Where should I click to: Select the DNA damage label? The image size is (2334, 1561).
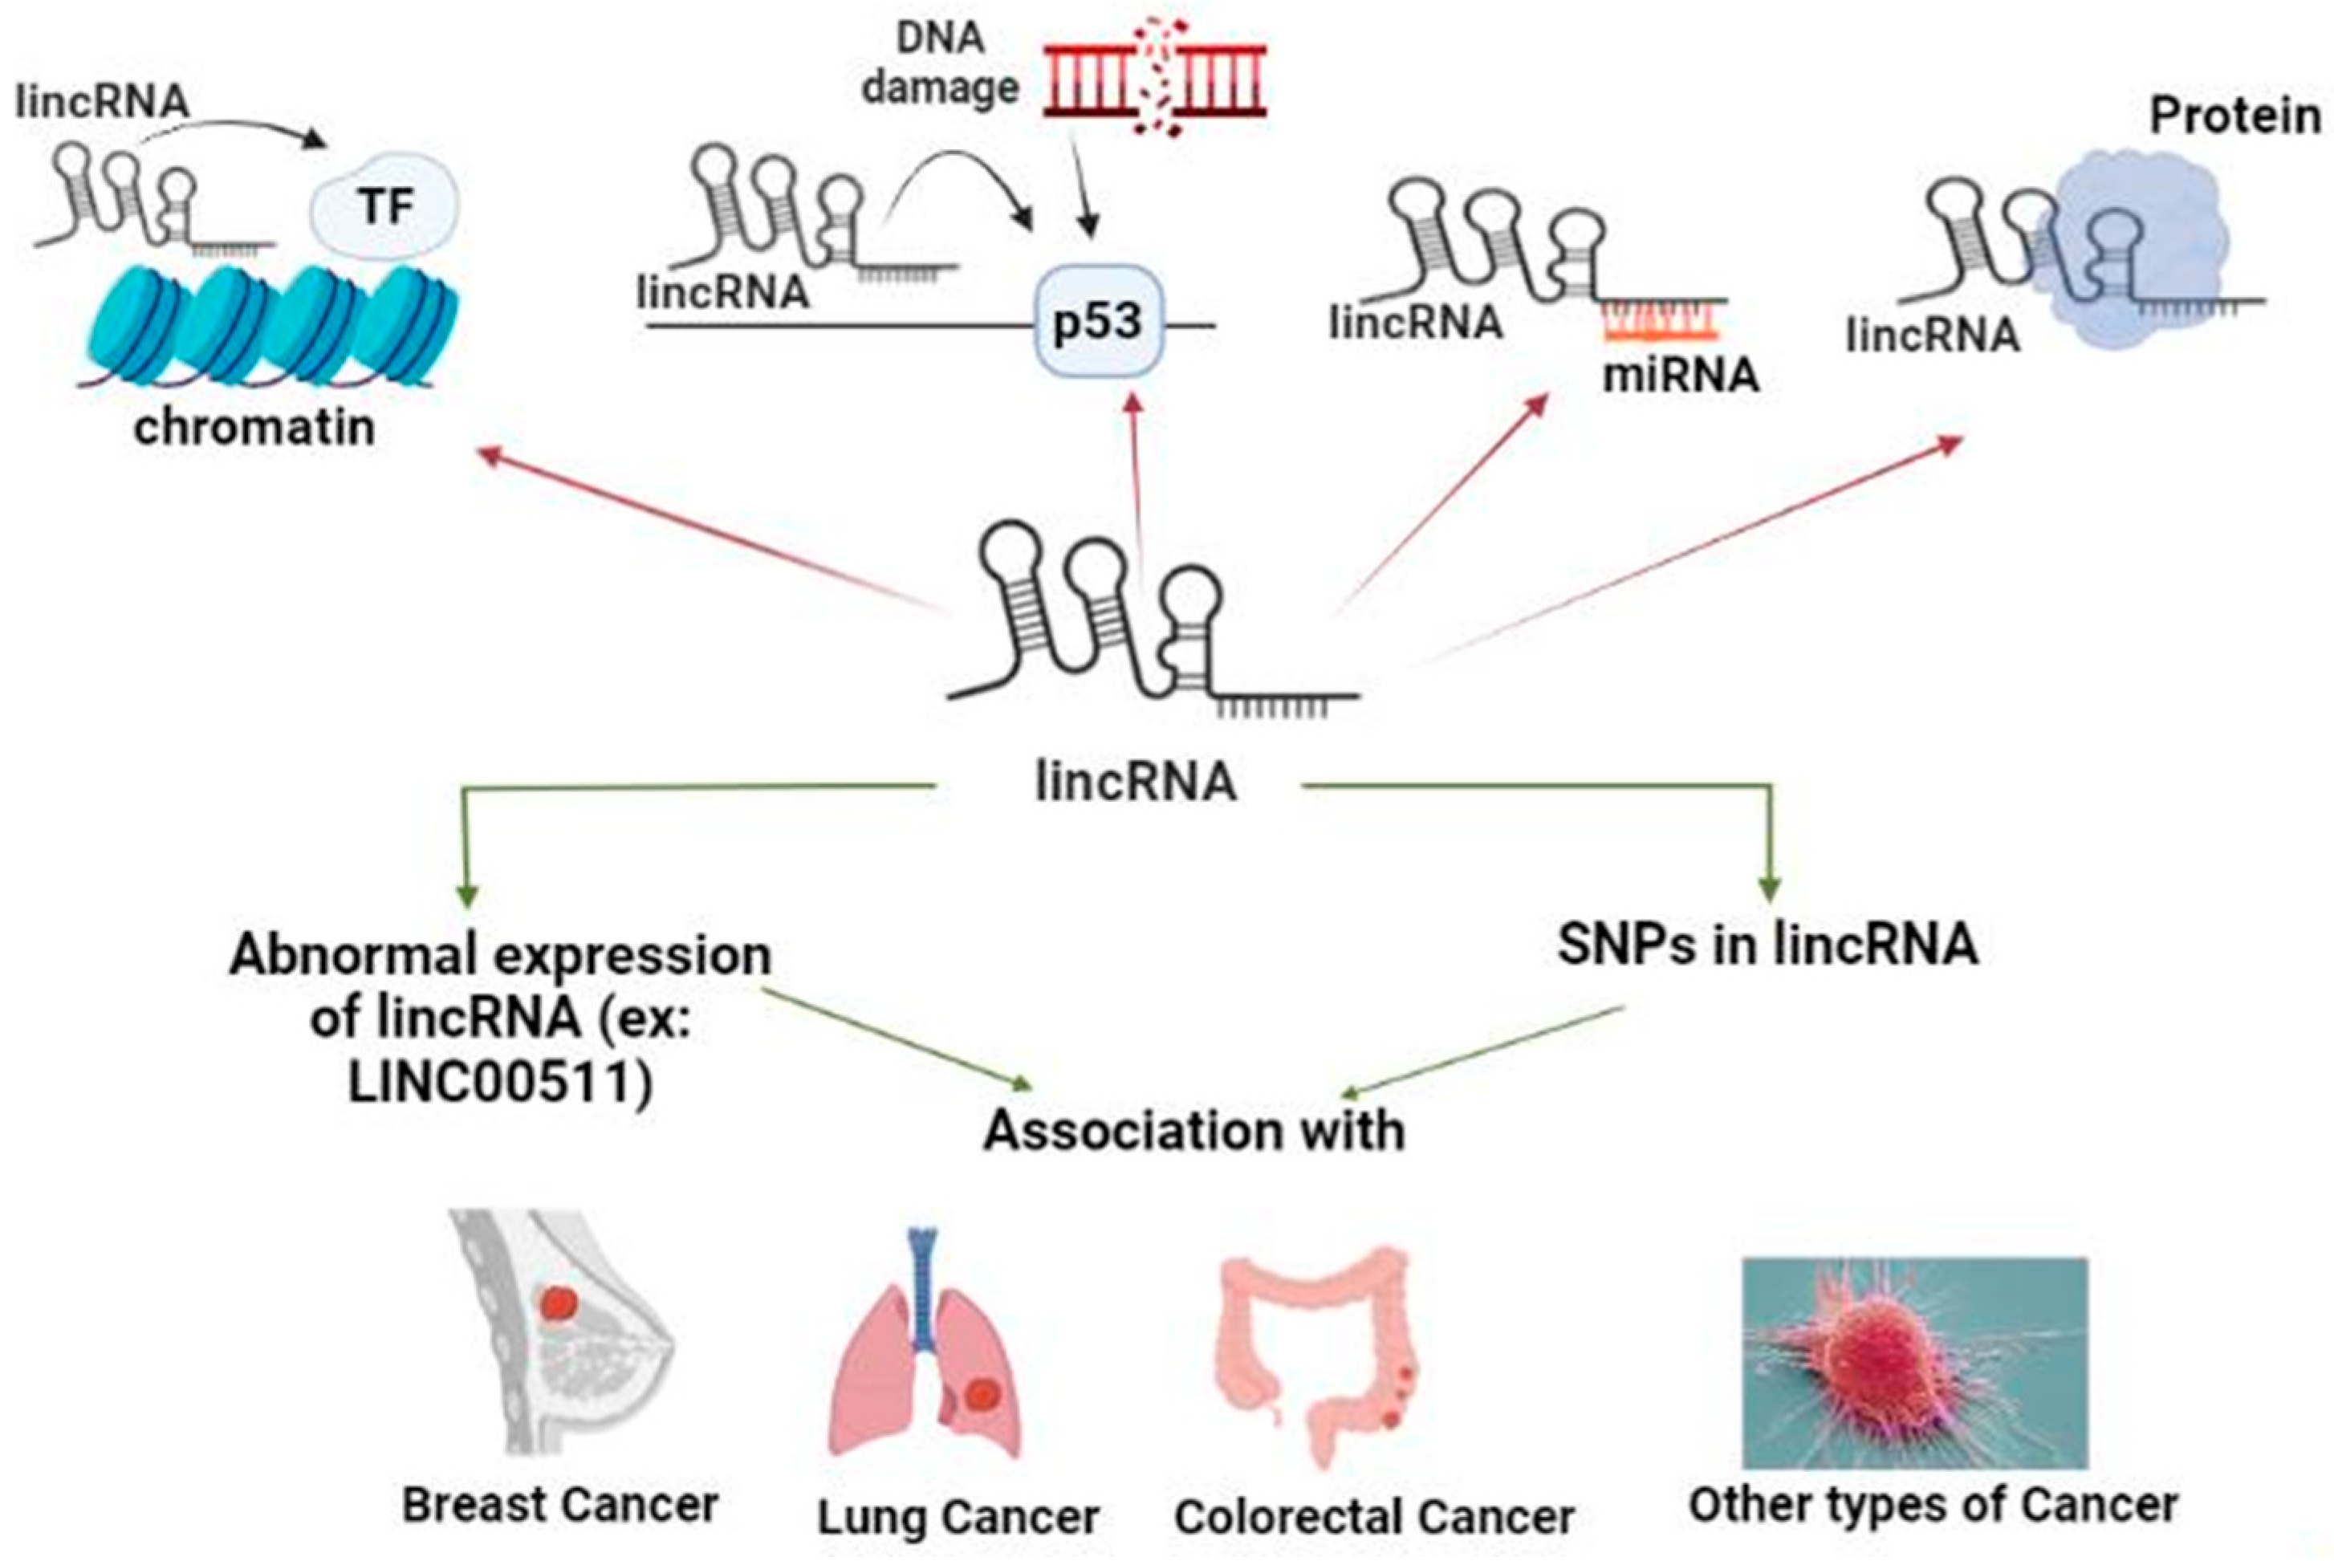coord(940,63)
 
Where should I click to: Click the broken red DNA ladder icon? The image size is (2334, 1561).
coord(1154,78)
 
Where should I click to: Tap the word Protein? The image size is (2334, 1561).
coord(2234,117)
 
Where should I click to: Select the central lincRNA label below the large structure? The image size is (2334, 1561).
coord(1136,782)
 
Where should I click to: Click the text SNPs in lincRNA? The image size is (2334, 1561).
coord(1767,944)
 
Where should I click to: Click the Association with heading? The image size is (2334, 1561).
coord(1193,1131)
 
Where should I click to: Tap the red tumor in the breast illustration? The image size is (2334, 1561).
coord(559,1304)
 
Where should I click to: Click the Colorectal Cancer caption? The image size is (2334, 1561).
coord(1373,1517)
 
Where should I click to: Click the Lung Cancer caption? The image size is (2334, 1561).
coord(958,1517)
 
